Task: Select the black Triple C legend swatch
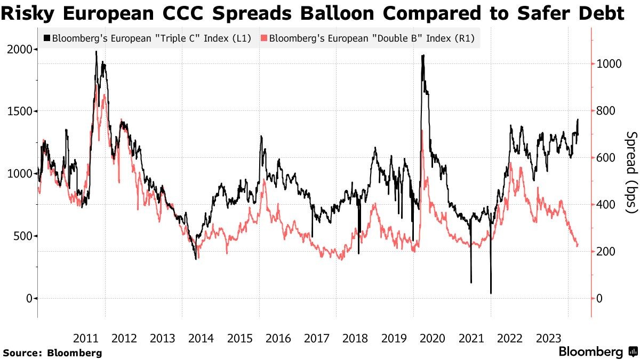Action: point(47,38)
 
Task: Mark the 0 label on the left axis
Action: point(30,298)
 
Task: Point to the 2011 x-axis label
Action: point(85,338)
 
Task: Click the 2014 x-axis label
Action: point(201,338)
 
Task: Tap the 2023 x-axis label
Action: point(548,338)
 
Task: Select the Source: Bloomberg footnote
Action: point(52,353)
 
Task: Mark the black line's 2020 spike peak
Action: point(423,55)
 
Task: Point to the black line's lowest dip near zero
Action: point(491,293)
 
